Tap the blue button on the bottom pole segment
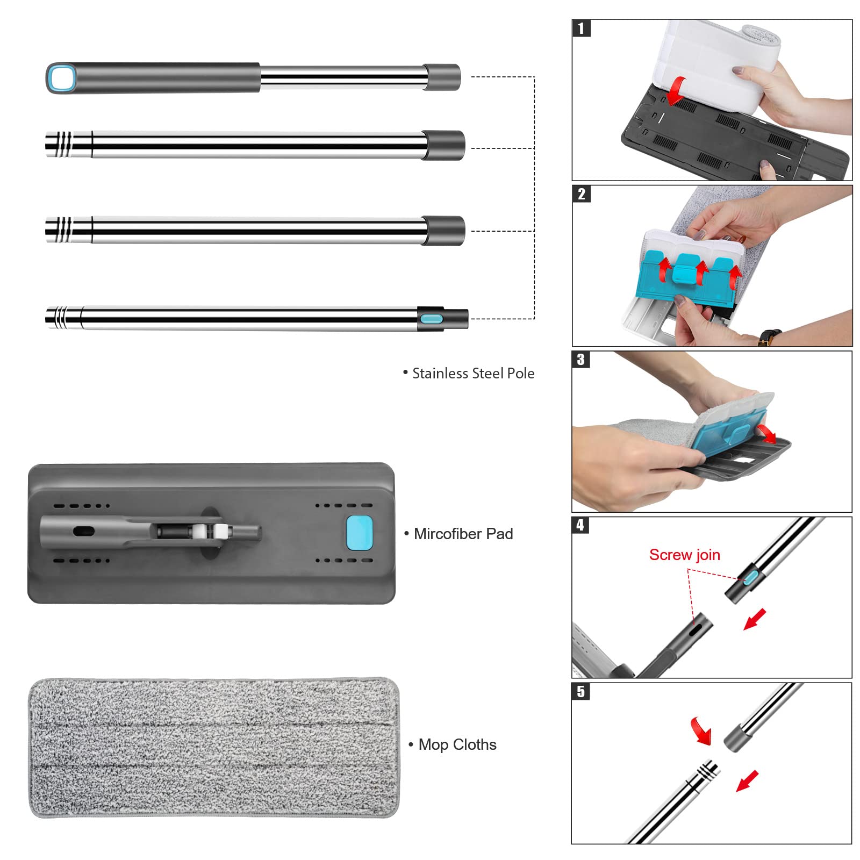pos(431,319)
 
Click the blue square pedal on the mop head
pos(359,533)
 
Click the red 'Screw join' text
pos(684,555)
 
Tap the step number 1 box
pos(581,28)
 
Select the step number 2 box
pos(581,194)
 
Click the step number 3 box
pos(581,360)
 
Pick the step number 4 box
pos(580,525)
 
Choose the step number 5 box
pos(580,691)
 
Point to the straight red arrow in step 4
pos(755,619)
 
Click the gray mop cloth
pos(214,748)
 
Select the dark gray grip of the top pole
pos(153,78)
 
